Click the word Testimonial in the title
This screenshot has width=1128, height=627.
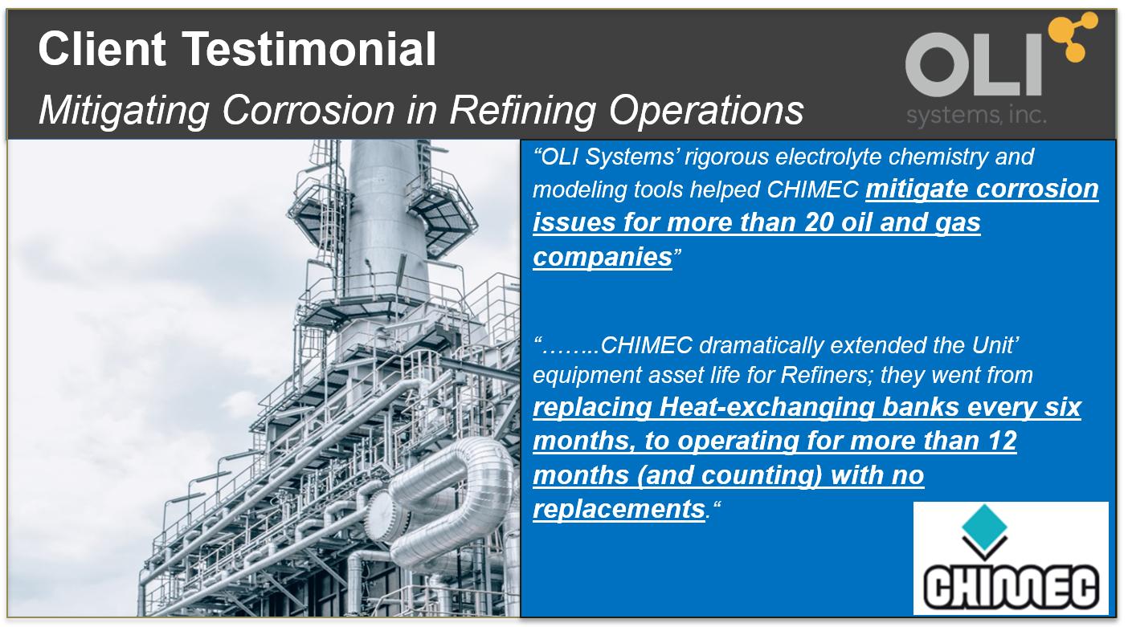coord(309,49)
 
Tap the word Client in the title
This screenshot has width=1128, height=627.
coord(102,49)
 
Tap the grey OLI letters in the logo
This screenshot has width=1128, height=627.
coord(974,64)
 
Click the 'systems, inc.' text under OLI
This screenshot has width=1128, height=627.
coord(976,116)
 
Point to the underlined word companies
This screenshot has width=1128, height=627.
coord(603,257)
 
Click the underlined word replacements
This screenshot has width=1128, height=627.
coord(619,509)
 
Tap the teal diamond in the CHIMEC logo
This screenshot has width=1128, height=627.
coord(984,527)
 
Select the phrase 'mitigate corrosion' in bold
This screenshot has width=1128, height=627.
coord(982,189)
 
